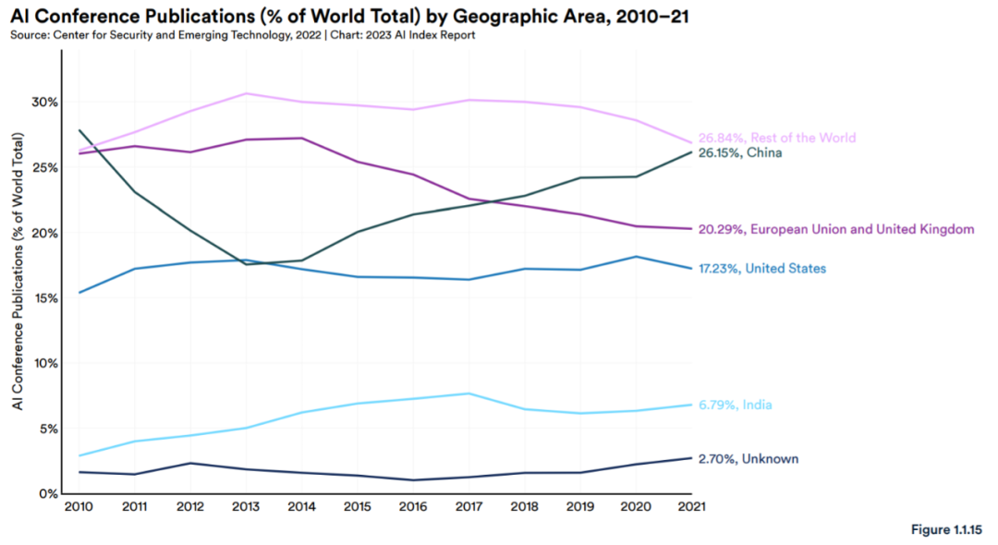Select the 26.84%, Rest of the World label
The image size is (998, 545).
(776, 138)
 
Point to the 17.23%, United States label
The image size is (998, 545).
(761, 268)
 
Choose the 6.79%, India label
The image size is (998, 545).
(735, 405)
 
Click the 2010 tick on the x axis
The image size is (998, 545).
(78, 507)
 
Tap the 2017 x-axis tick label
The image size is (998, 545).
(469, 507)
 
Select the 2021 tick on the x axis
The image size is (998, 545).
(692, 507)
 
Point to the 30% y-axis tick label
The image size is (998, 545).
(43, 102)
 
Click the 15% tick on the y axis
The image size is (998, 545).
(43, 298)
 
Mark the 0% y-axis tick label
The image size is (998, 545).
(46, 494)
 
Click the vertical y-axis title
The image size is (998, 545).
(18, 272)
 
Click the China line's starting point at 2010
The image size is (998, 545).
(79, 130)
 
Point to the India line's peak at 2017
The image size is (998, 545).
(469, 394)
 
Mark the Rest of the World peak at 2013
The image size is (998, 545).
(246, 93)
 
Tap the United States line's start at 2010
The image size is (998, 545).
(79, 292)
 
